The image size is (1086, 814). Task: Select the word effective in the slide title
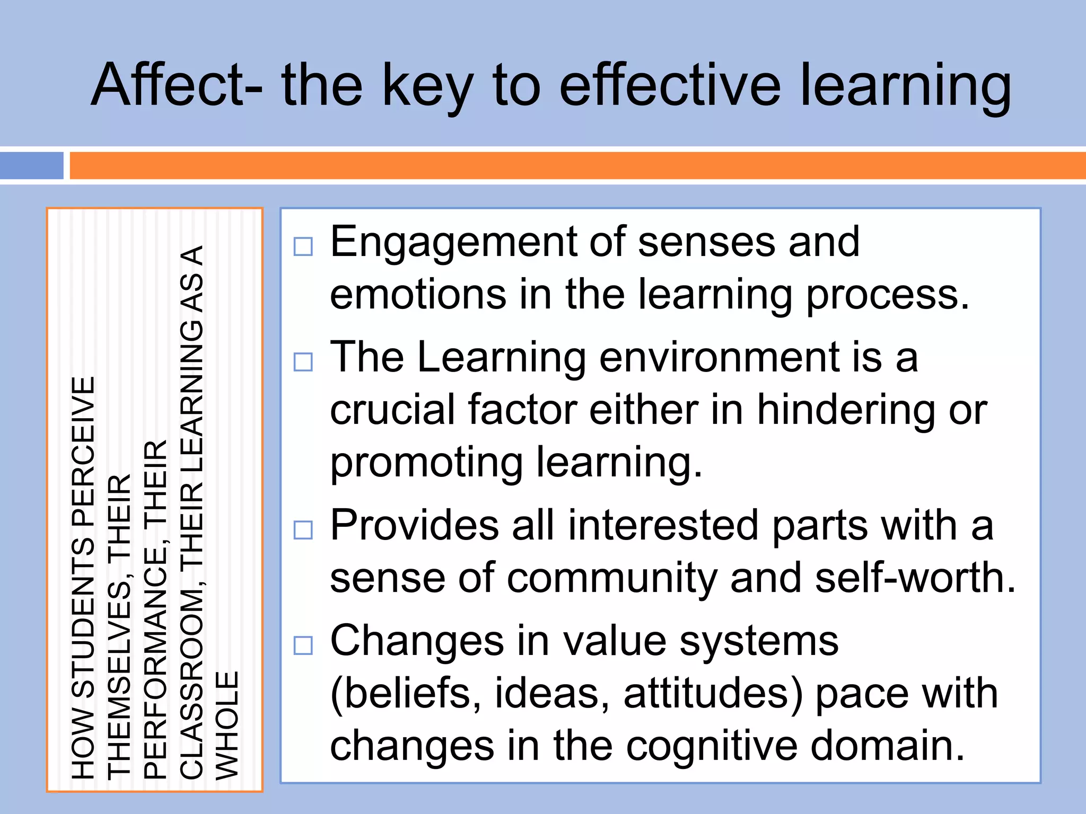click(670, 85)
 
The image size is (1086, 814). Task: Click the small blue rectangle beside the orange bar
click(32, 165)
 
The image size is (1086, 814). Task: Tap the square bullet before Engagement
click(303, 247)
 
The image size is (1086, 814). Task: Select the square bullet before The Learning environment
click(303, 362)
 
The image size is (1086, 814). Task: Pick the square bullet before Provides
click(303, 530)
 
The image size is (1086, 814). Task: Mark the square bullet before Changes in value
click(303, 645)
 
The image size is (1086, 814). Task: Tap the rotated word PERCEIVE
click(83, 450)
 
